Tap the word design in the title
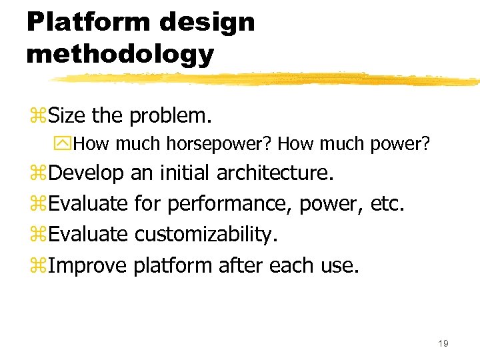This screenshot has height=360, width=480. pyautogui.click(x=207, y=21)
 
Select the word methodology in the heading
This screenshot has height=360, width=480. pyautogui.click(x=120, y=53)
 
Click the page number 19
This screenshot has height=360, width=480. pyautogui.click(x=443, y=343)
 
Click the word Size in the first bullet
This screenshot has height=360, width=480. pyautogui.click(x=68, y=116)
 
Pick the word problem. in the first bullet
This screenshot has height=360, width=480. pyautogui.click(x=171, y=116)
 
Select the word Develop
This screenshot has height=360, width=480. pyautogui.click(x=86, y=173)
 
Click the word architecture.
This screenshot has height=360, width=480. pyautogui.click(x=274, y=173)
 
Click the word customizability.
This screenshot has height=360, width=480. pyautogui.click(x=206, y=235)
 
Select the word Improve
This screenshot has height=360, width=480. pyautogui.click(x=87, y=265)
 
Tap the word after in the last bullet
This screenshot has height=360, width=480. pyautogui.click(x=241, y=265)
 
